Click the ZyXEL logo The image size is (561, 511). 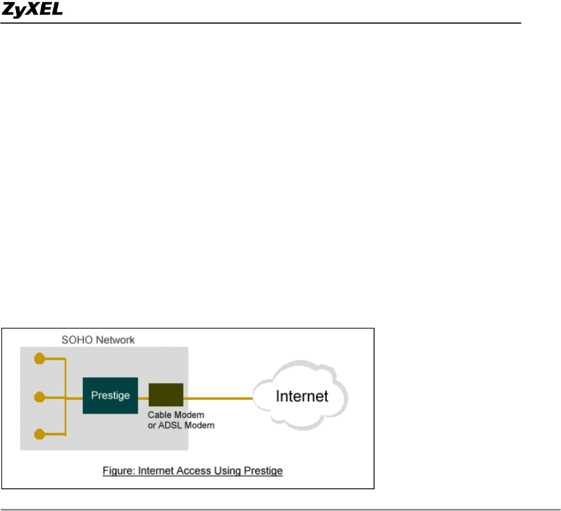[x=32, y=10]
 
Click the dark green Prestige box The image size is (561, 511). [x=110, y=395]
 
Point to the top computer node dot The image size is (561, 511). [x=39, y=359]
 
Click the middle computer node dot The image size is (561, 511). [x=39, y=396]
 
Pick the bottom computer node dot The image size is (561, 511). [x=39, y=435]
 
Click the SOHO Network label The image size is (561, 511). [x=98, y=340]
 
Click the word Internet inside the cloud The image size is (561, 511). [x=301, y=396]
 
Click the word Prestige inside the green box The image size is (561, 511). [x=110, y=396]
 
